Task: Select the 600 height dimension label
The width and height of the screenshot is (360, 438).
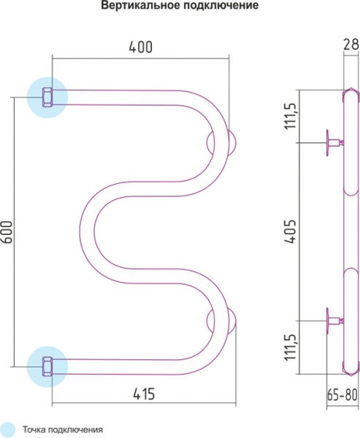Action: pyautogui.click(x=7, y=232)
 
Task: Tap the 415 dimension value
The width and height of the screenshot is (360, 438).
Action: pyautogui.click(x=144, y=394)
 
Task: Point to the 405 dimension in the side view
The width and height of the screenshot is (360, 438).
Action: pyautogui.click(x=290, y=231)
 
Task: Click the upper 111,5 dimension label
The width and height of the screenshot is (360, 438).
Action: pyautogui.click(x=290, y=115)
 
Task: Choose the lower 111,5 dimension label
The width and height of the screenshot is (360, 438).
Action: pyautogui.click(x=290, y=347)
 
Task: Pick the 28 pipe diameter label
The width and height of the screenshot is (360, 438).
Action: pyautogui.click(x=351, y=44)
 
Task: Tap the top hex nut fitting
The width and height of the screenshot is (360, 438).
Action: pyautogui.click(x=47, y=97)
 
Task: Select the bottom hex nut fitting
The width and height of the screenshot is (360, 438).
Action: pyautogui.click(x=47, y=366)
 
